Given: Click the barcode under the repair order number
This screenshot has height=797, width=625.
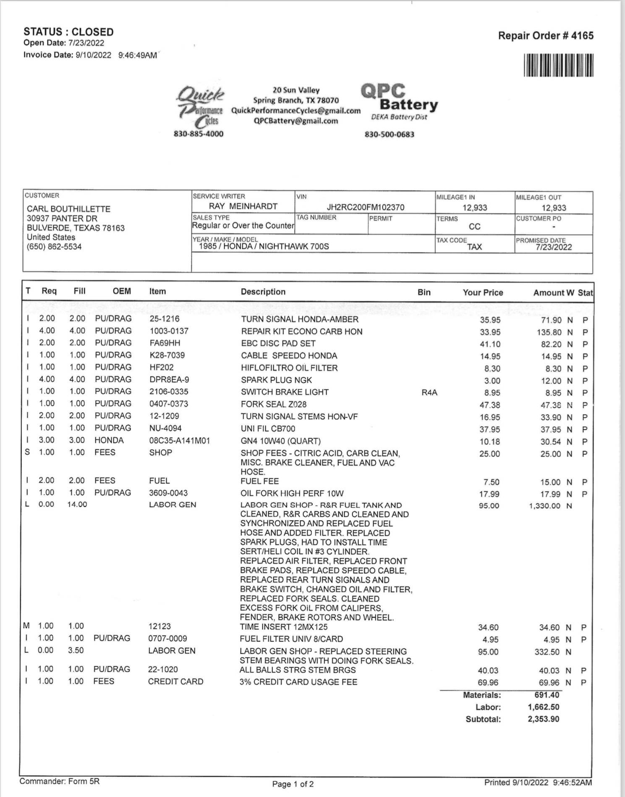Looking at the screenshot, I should point(558,66).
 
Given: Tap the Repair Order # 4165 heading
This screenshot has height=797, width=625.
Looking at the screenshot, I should point(546,36).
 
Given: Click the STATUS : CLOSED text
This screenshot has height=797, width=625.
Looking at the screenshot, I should point(68,32).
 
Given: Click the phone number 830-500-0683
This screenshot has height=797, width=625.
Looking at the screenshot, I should point(389,134).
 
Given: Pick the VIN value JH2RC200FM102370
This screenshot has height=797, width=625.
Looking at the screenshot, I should point(365,207).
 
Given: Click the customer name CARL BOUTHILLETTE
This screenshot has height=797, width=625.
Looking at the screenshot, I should point(68,209).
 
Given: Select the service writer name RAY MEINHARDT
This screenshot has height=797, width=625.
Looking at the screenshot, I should point(243,206).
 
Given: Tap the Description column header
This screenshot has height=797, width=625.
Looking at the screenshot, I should point(263,292).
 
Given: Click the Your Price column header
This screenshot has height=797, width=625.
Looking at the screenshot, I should point(483,292).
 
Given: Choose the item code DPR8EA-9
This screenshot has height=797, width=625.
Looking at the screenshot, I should point(169,379).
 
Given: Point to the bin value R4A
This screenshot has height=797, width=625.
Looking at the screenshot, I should point(429,393).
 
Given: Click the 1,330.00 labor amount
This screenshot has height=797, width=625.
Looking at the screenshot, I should point(544,506).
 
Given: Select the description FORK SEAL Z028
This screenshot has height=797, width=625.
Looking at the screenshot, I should point(274,404).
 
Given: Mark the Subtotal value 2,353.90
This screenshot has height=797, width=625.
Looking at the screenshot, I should point(543,719).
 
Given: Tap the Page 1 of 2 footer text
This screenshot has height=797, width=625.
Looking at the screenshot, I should point(293,784).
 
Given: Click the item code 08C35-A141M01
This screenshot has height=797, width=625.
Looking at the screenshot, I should point(179,441).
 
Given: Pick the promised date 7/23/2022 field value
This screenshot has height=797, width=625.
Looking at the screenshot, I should point(553,247).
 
